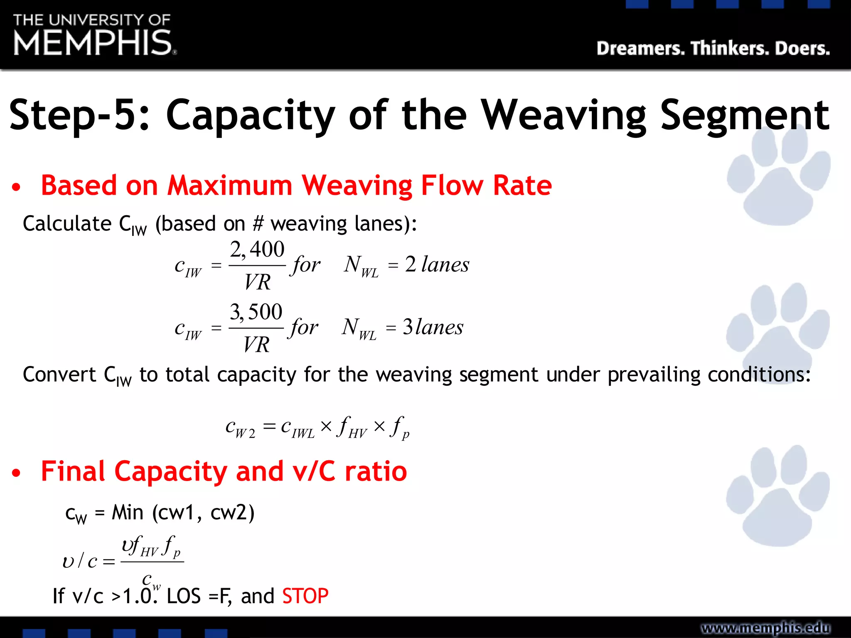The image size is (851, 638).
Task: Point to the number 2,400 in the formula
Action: pos(257,250)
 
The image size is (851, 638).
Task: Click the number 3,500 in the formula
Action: pos(256,312)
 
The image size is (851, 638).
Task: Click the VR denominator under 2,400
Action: pos(257,282)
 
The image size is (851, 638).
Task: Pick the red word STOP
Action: pos(305,596)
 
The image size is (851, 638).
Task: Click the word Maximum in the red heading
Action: pos(229,185)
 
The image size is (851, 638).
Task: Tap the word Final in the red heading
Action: pos(73,471)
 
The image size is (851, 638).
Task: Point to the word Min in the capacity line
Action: pos(127,513)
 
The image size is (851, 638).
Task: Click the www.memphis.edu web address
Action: pos(765,628)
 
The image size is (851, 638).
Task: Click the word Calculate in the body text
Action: pos(67,224)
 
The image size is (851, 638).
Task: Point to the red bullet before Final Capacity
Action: pos(16,473)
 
